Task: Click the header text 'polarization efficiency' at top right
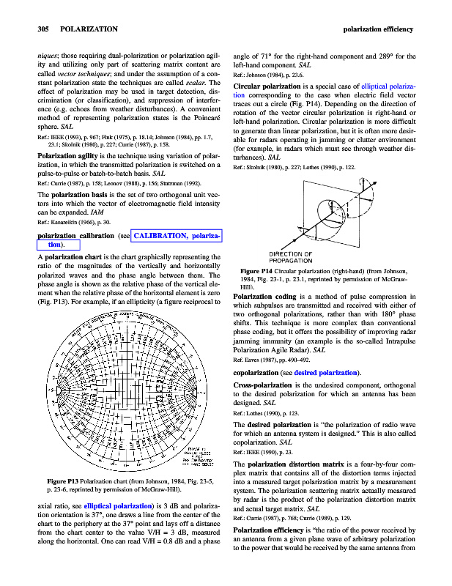(x=378, y=29)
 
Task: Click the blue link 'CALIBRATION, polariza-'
(x=177, y=236)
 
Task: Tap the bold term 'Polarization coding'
(x=267, y=296)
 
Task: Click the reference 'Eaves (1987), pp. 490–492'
(x=279, y=360)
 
